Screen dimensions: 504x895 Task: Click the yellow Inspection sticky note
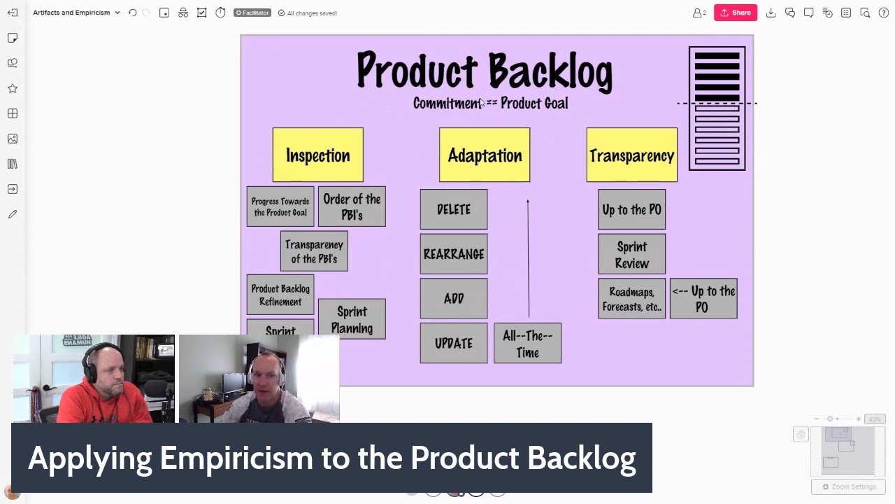click(317, 155)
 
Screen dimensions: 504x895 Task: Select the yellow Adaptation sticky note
click(485, 155)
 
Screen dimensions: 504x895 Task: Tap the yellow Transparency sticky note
click(631, 155)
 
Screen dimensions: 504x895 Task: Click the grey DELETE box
click(454, 209)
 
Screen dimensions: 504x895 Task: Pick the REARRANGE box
click(454, 254)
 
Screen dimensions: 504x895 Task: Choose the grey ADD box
click(454, 298)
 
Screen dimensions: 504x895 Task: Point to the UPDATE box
click(454, 343)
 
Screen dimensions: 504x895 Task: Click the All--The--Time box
click(527, 343)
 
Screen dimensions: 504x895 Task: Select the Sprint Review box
click(631, 254)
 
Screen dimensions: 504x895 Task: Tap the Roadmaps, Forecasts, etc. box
click(631, 298)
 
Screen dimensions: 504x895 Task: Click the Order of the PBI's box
click(352, 206)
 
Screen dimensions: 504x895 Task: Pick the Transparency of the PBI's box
click(314, 251)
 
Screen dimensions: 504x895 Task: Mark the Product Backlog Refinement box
click(280, 295)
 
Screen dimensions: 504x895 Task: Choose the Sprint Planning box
click(352, 319)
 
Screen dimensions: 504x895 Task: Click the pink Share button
click(735, 13)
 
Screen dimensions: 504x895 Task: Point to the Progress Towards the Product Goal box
click(280, 206)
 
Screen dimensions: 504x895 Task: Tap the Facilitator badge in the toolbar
click(252, 13)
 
